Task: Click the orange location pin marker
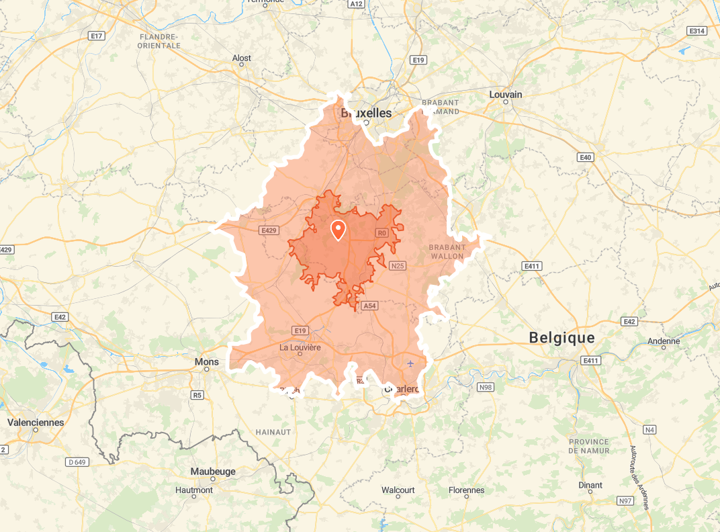pos(338,230)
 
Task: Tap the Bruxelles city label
pos(366,113)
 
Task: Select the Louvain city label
pos(506,95)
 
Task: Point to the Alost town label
pos(242,58)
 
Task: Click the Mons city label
pos(206,362)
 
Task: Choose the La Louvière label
pos(300,347)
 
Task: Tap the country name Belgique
pos(561,337)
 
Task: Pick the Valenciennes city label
pos(36,423)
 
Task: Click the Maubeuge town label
pos(213,472)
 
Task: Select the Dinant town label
pos(590,485)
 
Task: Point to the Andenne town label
pos(664,341)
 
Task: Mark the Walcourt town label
pos(398,490)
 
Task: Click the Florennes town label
pos(466,490)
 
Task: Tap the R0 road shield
pos(382,233)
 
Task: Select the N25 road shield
pos(398,266)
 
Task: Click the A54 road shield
pos(369,306)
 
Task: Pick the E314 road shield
pos(696,31)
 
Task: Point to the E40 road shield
pos(586,157)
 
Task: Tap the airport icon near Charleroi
pos(410,363)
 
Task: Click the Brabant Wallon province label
pos(447,252)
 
